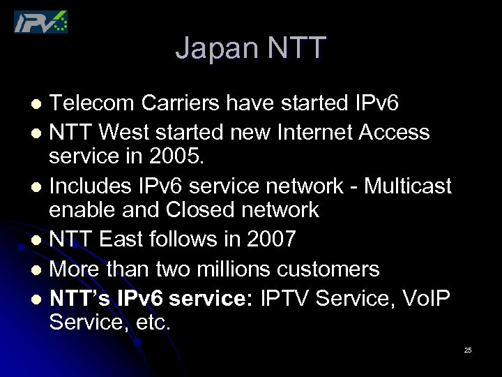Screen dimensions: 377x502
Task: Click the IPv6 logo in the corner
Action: click(41, 22)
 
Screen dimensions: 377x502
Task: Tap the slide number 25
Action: click(468, 350)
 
